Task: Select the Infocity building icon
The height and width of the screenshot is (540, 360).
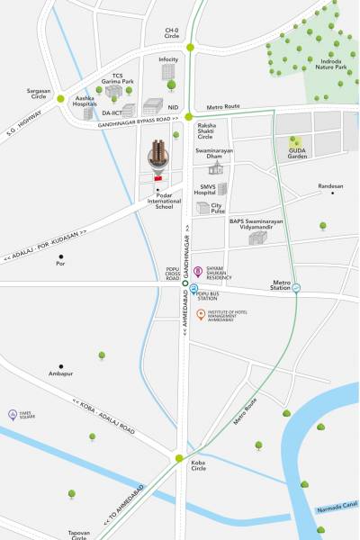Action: pyautogui.click(x=168, y=72)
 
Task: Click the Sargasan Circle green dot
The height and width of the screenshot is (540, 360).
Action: pyautogui.click(x=61, y=99)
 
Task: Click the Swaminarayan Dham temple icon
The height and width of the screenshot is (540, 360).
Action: pyautogui.click(x=215, y=167)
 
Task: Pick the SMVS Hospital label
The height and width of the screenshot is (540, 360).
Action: pyautogui.click(x=207, y=189)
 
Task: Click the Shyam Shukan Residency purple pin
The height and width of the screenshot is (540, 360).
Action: pyautogui.click(x=198, y=270)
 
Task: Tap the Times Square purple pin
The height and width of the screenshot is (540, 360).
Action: pyautogui.click(x=12, y=414)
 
